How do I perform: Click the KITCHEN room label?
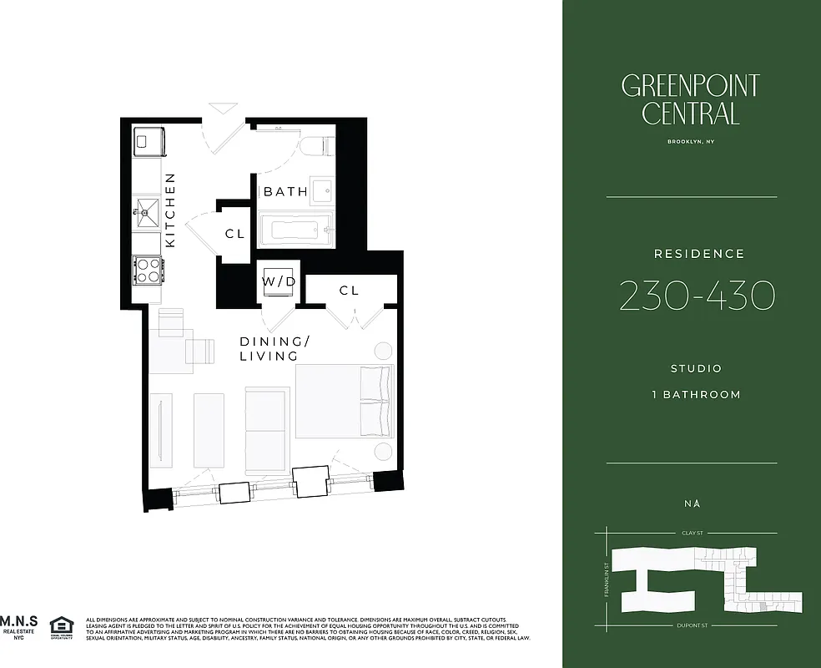click(170, 210)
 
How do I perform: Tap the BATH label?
click(285, 192)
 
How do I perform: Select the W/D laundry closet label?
click(279, 281)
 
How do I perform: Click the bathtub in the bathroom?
click(295, 228)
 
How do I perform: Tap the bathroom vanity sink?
click(320, 189)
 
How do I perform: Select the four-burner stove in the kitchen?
click(148, 270)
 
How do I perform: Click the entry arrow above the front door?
click(224, 108)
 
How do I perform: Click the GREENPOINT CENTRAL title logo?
click(690, 99)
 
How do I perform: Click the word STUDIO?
click(696, 368)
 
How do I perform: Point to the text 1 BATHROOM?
click(696, 394)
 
